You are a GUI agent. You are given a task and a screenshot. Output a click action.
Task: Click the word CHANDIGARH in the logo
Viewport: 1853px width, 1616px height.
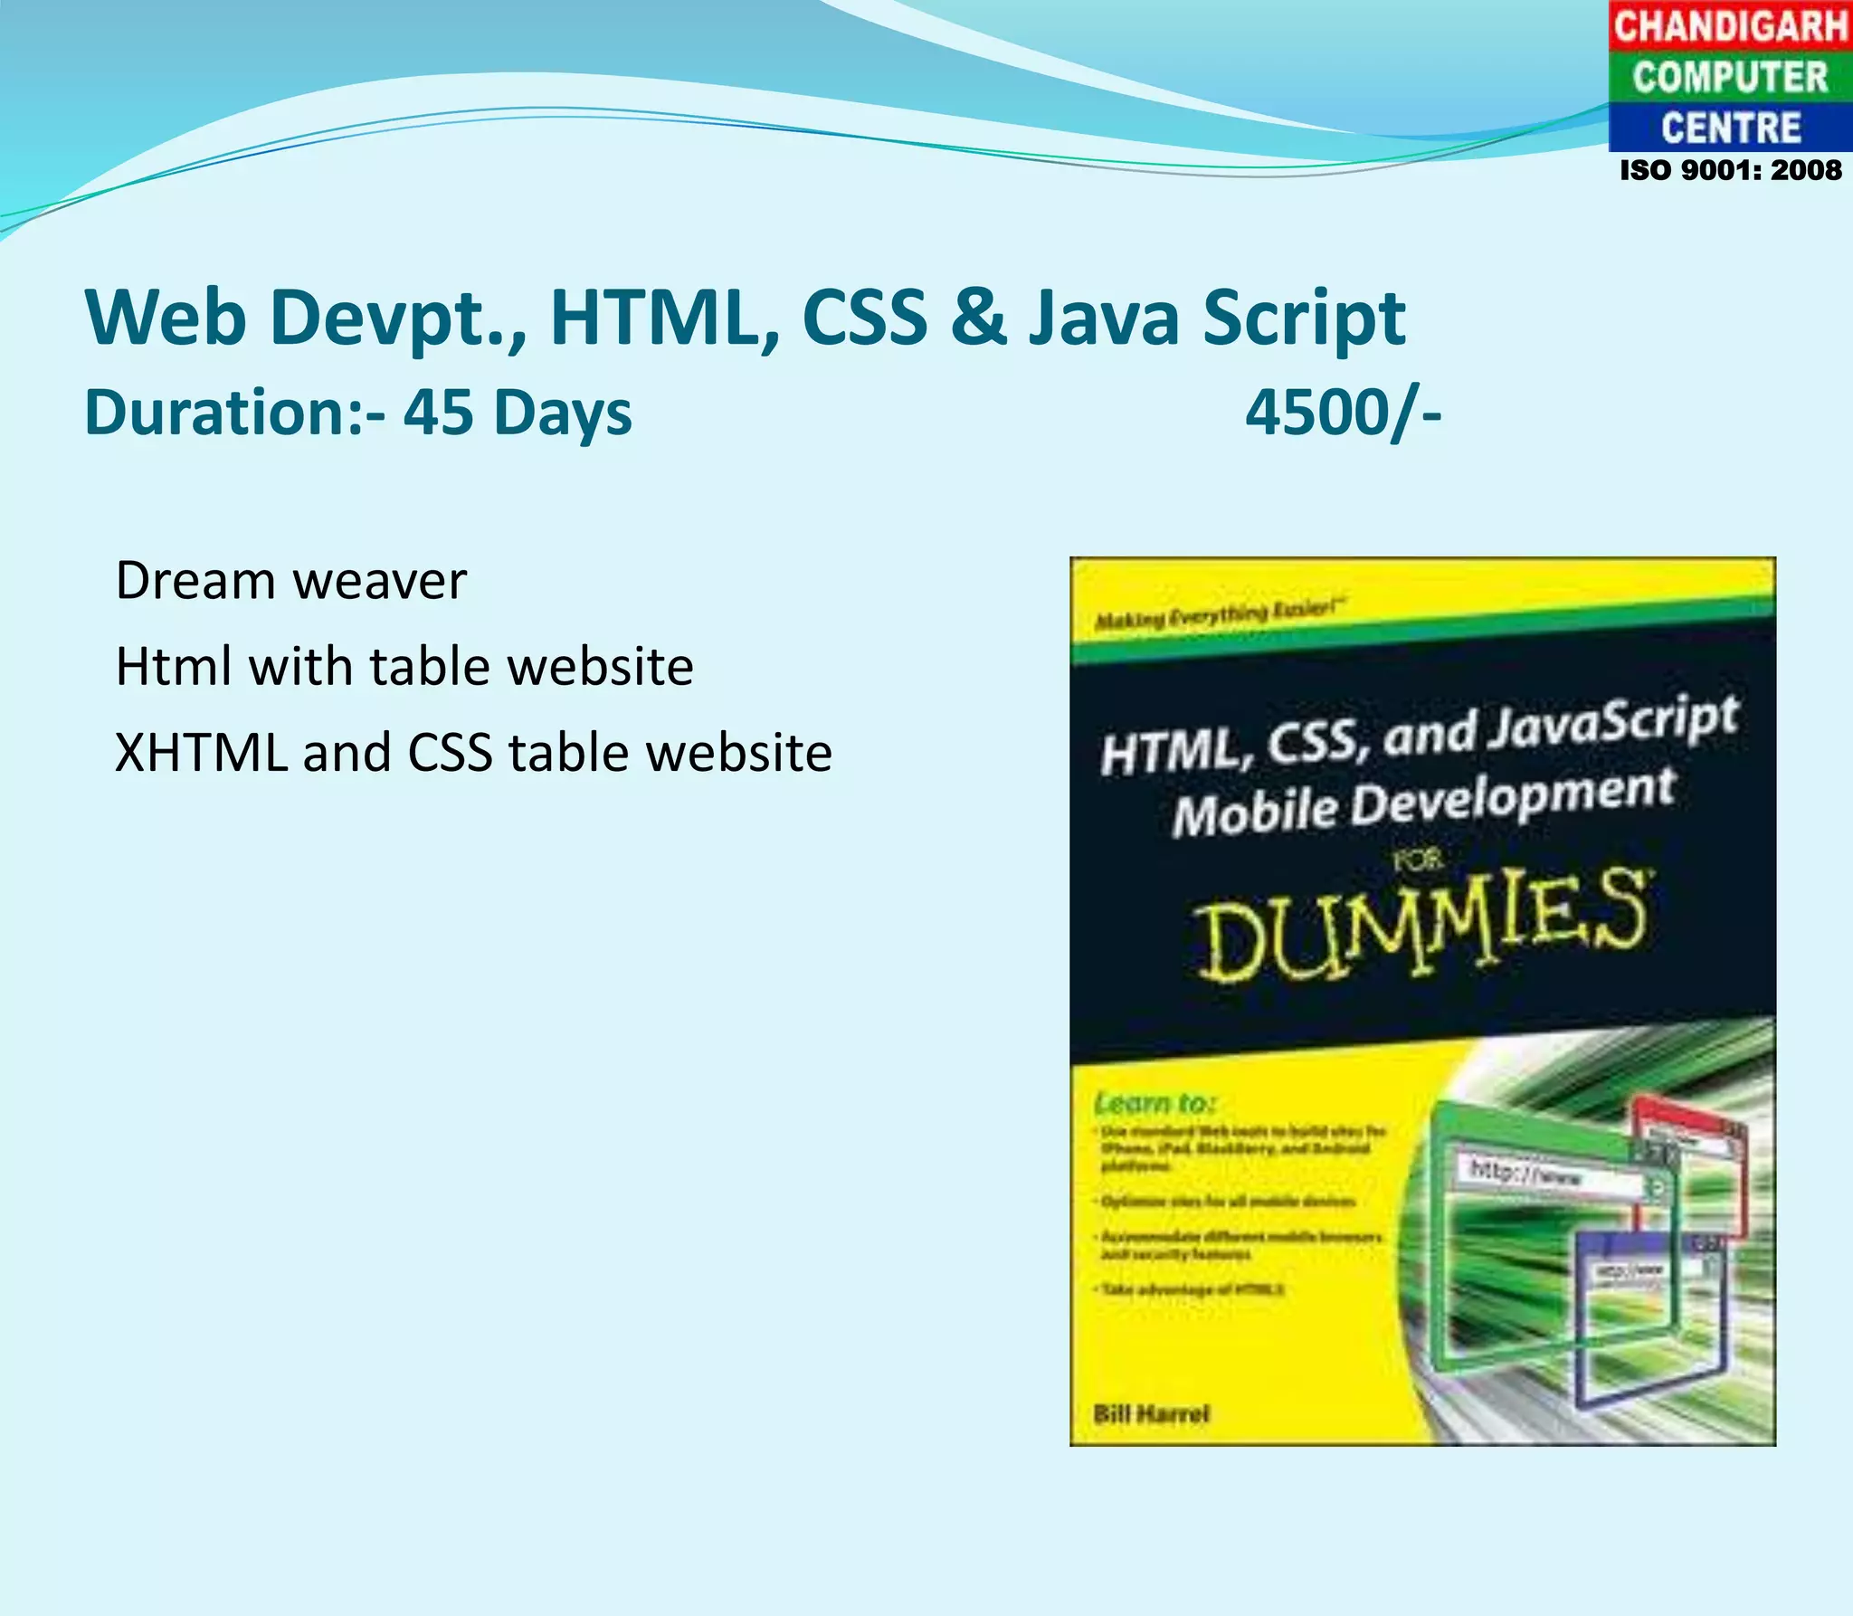click(x=1730, y=25)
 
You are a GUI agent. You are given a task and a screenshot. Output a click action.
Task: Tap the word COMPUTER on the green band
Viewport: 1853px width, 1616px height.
click(x=1730, y=77)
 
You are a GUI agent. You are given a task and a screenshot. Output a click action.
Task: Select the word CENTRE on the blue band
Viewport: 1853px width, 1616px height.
click(x=1730, y=128)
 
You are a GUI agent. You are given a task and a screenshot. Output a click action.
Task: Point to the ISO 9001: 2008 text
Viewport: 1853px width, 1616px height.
click(x=1730, y=170)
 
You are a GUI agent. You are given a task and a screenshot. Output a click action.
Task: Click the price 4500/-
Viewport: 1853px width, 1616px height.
click(x=1343, y=413)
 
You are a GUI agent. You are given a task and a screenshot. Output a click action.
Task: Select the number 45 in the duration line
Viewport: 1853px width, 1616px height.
click(x=438, y=413)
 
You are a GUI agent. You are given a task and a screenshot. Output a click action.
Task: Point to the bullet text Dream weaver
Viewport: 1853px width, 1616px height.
click(x=291, y=581)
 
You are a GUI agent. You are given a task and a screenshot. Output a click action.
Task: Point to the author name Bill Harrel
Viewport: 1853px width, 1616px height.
click(x=1151, y=1414)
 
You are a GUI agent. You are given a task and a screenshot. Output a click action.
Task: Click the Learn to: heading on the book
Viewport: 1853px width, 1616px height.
click(x=1155, y=1104)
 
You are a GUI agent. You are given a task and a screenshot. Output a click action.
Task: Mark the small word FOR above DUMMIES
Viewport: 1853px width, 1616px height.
click(x=1417, y=860)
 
